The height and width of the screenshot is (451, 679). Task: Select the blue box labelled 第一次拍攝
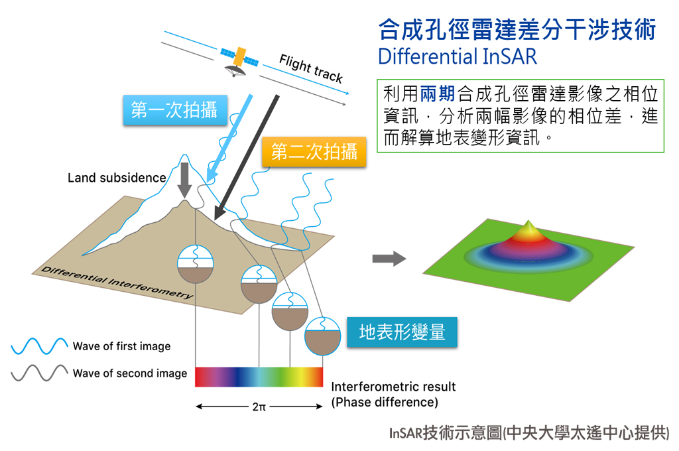click(174, 110)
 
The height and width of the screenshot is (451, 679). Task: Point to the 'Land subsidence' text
click(117, 178)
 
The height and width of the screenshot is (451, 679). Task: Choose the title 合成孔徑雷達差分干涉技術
click(517, 30)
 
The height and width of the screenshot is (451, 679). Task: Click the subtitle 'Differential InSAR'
click(457, 56)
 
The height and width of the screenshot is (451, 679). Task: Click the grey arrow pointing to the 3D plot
click(389, 259)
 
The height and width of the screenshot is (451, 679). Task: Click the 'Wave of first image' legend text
click(121, 346)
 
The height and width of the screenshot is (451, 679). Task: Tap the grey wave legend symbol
click(39, 373)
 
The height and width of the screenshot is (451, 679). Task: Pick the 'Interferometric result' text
click(393, 387)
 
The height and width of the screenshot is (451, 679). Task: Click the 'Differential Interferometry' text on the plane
click(116, 282)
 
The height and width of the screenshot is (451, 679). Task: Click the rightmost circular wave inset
click(322, 334)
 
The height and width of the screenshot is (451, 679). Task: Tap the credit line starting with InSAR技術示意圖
click(529, 434)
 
